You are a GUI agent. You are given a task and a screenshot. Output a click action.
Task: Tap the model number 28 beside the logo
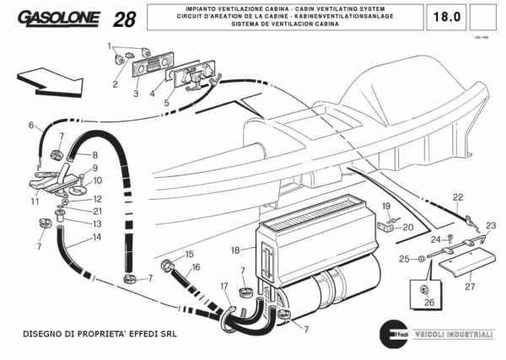coord(123,19)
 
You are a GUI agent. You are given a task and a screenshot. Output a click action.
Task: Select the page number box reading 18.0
coord(446,16)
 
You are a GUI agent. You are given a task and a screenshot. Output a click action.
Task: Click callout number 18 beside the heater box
coord(236,250)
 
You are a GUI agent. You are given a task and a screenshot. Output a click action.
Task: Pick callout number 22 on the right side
coord(458,197)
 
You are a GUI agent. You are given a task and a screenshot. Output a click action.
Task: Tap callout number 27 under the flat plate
coord(470,287)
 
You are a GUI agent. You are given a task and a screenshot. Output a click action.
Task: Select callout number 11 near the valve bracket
coord(35,201)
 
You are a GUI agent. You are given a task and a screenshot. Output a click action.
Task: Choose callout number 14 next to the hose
coord(97,238)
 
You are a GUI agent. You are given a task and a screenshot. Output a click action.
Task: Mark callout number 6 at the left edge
coord(31,126)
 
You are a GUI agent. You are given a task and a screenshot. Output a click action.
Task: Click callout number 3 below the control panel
coord(135,94)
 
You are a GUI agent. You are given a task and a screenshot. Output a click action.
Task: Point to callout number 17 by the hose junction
coord(224,287)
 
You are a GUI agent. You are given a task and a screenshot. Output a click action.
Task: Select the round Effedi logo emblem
coord(394,332)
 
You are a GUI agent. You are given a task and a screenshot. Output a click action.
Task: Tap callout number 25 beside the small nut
coord(404,258)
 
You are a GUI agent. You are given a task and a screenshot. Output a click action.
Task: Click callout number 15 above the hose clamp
coord(190,254)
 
